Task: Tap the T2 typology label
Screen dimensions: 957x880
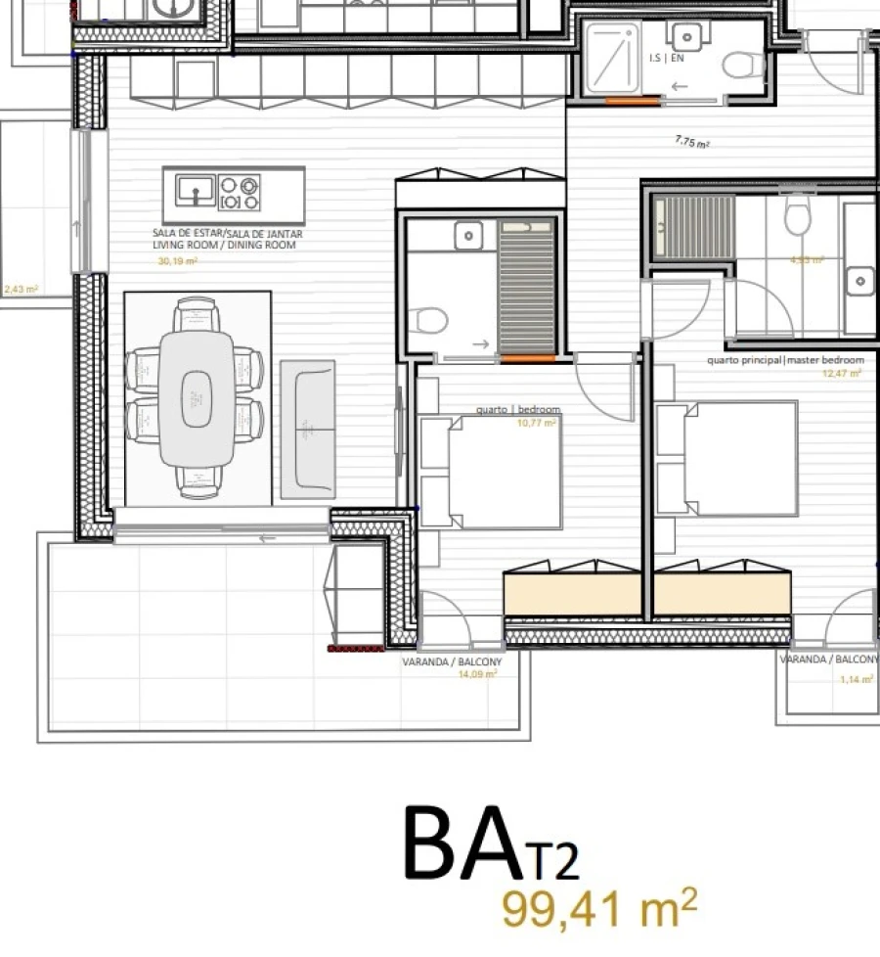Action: pyautogui.click(x=554, y=861)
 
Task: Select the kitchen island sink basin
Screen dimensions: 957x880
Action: pyautogui.click(x=196, y=189)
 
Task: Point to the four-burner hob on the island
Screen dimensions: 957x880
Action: pyautogui.click(x=240, y=192)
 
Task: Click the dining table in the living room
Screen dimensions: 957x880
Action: pyautogui.click(x=197, y=397)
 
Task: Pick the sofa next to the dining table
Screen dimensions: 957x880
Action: pyautogui.click(x=308, y=427)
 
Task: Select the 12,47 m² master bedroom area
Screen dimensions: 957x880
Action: pyautogui.click(x=843, y=373)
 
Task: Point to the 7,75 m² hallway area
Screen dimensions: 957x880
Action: pyautogui.click(x=691, y=142)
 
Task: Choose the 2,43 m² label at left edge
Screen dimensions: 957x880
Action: pyautogui.click(x=21, y=290)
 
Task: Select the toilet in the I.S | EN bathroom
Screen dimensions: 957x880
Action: pyautogui.click(x=745, y=66)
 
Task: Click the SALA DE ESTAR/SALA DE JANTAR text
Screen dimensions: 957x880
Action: pyautogui.click(x=227, y=235)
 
